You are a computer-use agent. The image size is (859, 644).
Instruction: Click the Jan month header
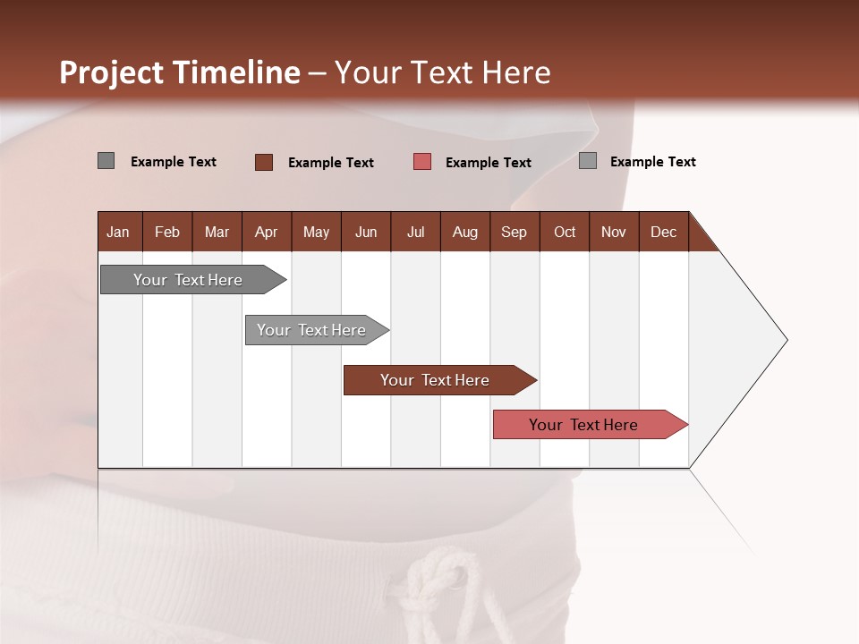point(118,232)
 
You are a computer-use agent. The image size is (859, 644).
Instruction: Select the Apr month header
point(267,232)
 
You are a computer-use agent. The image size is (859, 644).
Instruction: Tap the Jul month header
point(415,232)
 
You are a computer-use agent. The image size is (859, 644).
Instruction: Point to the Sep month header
point(514,232)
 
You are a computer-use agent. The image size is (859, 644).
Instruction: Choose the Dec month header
point(663,232)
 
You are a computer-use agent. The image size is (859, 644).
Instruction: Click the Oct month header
point(565,232)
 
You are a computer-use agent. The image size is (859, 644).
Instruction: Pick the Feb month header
point(167,232)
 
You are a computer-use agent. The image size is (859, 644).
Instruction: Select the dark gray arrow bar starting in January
point(188,280)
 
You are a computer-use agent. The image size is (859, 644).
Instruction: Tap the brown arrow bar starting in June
point(436,380)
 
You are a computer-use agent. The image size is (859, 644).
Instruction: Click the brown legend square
point(264,162)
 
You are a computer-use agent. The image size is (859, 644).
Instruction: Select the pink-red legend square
point(422,162)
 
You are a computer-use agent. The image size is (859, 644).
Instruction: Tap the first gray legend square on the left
point(106,161)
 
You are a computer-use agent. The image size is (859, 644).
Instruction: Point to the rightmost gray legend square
point(588,161)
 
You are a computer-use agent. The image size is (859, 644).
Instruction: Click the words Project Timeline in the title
point(180,72)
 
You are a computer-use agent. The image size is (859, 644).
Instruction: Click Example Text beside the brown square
point(331,163)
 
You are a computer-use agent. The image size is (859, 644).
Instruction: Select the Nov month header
point(614,232)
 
